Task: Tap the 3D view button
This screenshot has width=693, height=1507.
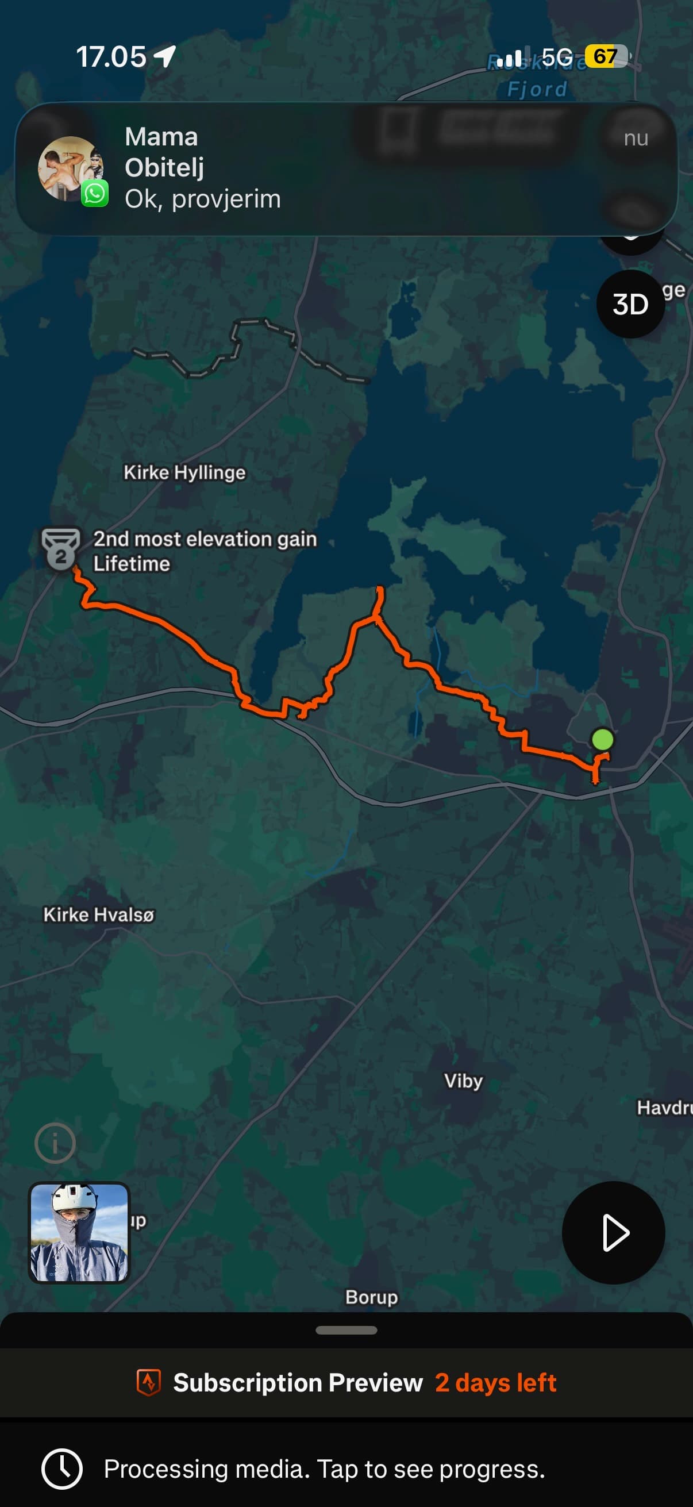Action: coord(630,304)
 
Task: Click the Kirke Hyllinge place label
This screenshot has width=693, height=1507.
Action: coord(184,472)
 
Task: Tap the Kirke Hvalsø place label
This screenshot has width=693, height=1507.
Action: coord(99,914)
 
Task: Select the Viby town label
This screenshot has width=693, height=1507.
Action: coord(463,1081)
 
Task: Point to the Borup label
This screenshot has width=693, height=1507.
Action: coord(371,1297)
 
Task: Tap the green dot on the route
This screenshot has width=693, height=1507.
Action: coord(602,740)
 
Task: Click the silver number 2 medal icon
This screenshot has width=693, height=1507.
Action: coord(60,549)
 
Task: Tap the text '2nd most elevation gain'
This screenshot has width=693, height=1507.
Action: coord(205,539)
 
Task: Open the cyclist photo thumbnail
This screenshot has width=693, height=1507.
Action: coord(79,1232)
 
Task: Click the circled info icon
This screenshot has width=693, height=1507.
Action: coord(55,1143)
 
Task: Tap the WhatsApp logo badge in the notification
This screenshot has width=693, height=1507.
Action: coord(95,194)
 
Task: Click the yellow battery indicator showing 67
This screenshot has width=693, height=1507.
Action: coord(606,56)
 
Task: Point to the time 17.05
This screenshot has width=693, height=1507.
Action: coord(111,57)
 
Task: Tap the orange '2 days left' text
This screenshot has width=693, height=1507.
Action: coord(495,1383)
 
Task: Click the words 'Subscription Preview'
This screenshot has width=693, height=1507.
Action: coord(298,1383)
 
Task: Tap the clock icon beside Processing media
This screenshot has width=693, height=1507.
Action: coord(61,1468)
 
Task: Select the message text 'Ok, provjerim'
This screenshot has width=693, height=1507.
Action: coord(203,199)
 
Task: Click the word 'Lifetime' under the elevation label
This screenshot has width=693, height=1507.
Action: coord(132,564)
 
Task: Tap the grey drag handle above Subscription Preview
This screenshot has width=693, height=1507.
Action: coord(346,1331)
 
